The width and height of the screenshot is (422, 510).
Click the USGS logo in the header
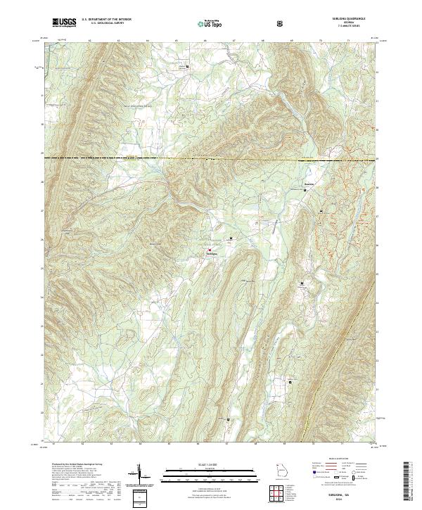coord(64,23)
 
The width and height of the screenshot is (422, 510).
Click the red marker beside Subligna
coord(209,248)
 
